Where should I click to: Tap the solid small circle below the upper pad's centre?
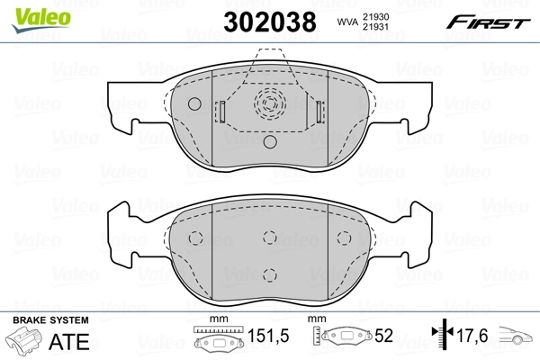(x=269, y=141)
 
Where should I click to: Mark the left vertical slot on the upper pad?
(x=220, y=113)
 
